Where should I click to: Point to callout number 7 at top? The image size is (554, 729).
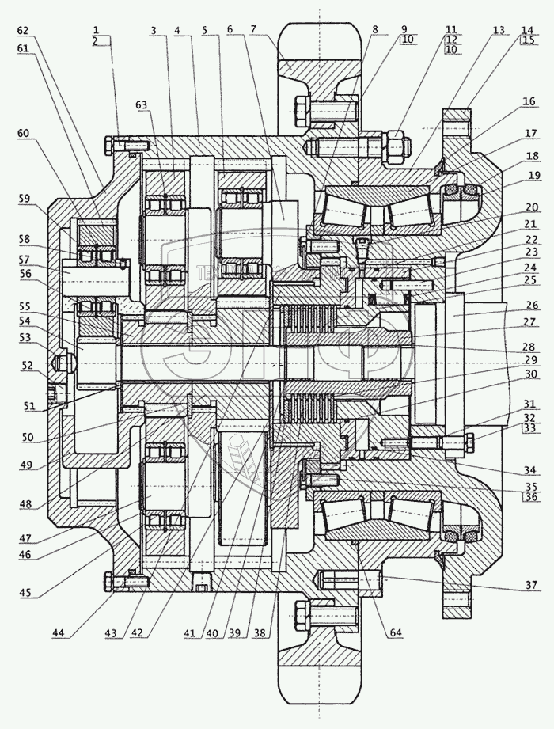coord(253,30)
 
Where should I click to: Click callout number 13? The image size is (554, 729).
coord(497,30)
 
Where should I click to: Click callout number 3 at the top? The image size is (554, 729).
coord(154,30)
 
